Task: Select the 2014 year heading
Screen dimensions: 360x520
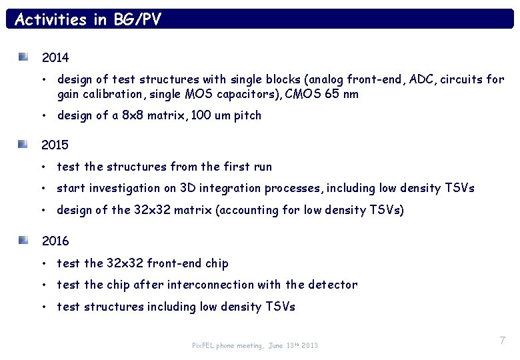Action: pyautogui.click(x=55, y=58)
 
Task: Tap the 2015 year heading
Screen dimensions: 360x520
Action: pyautogui.click(x=55, y=145)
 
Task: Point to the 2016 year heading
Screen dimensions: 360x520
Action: pyautogui.click(x=55, y=241)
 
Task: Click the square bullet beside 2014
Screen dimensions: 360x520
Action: pyautogui.click(x=23, y=57)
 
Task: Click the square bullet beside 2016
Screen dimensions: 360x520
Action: pyautogui.click(x=23, y=240)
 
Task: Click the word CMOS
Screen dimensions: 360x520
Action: pyautogui.click(x=304, y=94)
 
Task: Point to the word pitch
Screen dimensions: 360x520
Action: pyautogui.click(x=247, y=115)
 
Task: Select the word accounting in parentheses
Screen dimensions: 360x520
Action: pyautogui.click(x=247, y=210)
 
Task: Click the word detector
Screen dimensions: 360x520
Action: pyautogui.click(x=332, y=285)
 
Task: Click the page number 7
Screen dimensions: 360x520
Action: pyautogui.click(x=502, y=341)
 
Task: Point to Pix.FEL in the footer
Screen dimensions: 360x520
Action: pyautogui.click(x=203, y=346)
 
